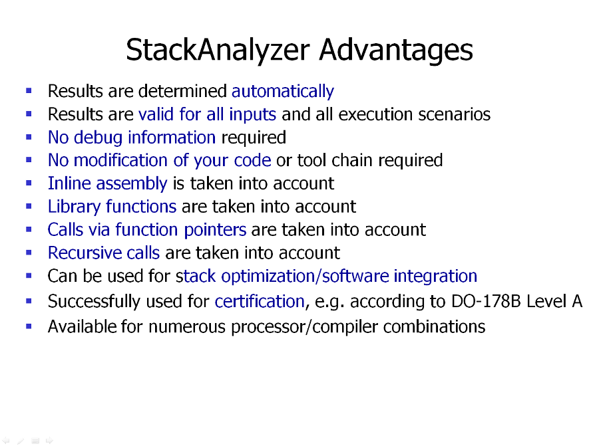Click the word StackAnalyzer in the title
pyautogui.click(x=218, y=50)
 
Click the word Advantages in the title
pyautogui.click(x=396, y=50)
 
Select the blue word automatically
pyautogui.click(x=283, y=91)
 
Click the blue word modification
pyautogui.click(x=120, y=160)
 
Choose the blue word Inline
pyautogui.click(x=69, y=183)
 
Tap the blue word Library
pyautogui.click(x=74, y=207)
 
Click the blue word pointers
pyautogui.click(x=215, y=230)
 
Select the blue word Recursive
pyautogui.click(x=85, y=253)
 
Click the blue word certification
pyautogui.click(x=260, y=302)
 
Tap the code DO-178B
pyautogui.click(x=486, y=302)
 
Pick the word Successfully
pyautogui.click(x=95, y=302)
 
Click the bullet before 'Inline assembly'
pyautogui.click(x=29, y=183)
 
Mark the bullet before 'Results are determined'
pyautogui.click(x=29, y=91)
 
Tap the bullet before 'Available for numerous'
pyautogui.click(x=29, y=326)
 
